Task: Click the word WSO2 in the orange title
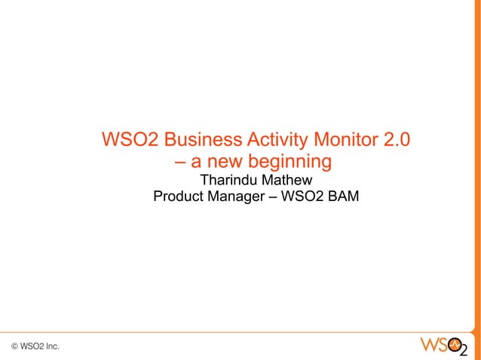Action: coord(129,140)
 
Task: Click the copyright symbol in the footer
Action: coord(15,346)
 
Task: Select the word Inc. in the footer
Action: coord(52,346)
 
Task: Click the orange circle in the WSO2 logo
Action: coord(455,345)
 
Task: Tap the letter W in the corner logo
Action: coord(428,345)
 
